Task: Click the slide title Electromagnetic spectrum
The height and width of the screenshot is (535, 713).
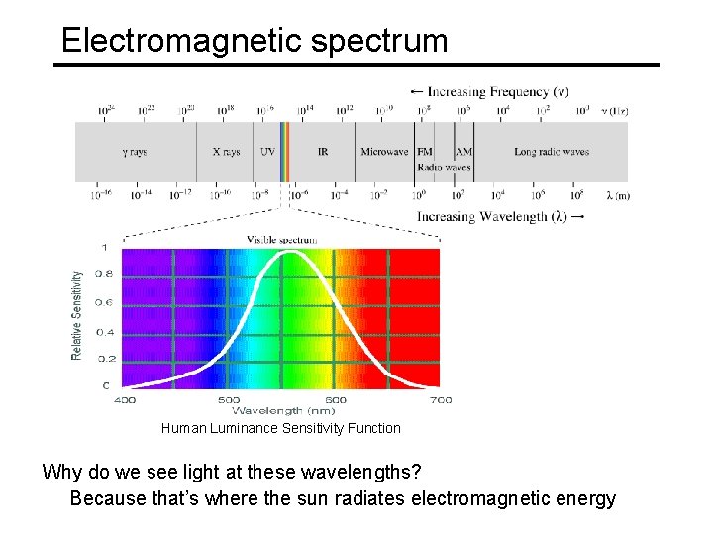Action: pyautogui.click(x=255, y=40)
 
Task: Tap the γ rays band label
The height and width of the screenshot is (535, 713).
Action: pyautogui.click(x=135, y=152)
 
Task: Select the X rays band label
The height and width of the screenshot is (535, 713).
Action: pyautogui.click(x=226, y=152)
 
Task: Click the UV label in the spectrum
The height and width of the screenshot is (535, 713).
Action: pyautogui.click(x=267, y=152)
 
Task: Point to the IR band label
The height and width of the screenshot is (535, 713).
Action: pyautogui.click(x=323, y=152)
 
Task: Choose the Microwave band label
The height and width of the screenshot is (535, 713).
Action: pyautogui.click(x=384, y=152)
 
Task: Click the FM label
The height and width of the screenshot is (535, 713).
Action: pyautogui.click(x=425, y=152)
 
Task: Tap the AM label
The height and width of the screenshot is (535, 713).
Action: pyautogui.click(x=463, y=152)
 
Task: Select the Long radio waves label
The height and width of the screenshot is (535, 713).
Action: pyautogui.click(x=552, y=152)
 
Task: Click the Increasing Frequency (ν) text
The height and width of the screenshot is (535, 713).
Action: pyautogui.click(x=489, y=91)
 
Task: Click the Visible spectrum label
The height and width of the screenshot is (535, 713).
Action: pyautogui.click(x=282, y=239)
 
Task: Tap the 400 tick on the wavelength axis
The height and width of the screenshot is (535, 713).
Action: pyautogui.click(x=125, y=400)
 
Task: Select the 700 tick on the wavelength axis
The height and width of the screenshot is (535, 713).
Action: pyautogui.click(x=441, y=400)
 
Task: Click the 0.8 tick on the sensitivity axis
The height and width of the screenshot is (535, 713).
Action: pyautogui.click(x=103, y=274)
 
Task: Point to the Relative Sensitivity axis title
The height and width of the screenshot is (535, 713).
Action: pyautogui.click(x=77, y=316)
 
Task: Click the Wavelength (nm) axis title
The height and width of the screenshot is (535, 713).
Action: pyautogui.click(x=282, y=410)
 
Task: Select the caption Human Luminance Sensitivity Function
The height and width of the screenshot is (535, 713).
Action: pyautogui.click(x=281, y=428)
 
